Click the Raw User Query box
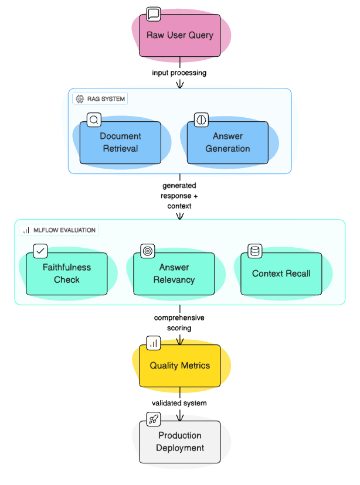(179, 35)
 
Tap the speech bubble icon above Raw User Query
(153, 14)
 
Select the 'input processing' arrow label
(179, 73)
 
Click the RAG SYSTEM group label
(100, 99)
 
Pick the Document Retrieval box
(120, 142)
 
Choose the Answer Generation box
(227, 142)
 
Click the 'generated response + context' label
(179, 196)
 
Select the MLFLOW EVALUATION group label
(59, 230)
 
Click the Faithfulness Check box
(67, 274)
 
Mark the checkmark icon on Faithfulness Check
(40, 252)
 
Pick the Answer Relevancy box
(174, 274)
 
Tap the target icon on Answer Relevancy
(148, 252)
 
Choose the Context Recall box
(281, 274)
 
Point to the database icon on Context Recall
(255, 252)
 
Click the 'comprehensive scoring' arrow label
(179, 323)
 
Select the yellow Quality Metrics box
(179, 366)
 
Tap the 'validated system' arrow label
(179, 403)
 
